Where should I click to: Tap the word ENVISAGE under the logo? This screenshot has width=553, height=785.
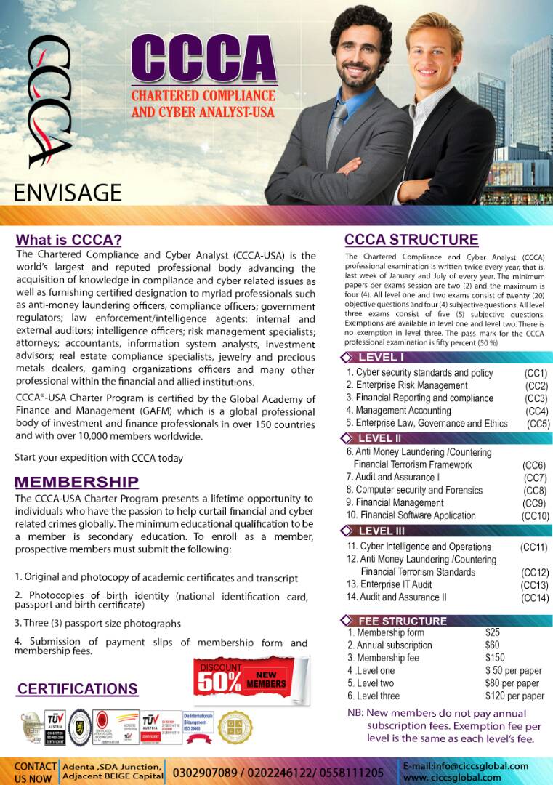click(x=68, y=192)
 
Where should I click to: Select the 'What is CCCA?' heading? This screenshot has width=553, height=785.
click(x=69, y=240)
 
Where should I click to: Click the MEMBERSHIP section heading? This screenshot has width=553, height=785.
click(x=76, y=482)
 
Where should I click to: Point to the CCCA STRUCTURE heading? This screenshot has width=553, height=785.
click(x=411, y=240)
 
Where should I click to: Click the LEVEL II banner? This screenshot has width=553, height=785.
click(x=379, y=438)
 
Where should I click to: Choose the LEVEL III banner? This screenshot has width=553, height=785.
click(x=381, y=531)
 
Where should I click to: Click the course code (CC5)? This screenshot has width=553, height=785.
click(x=538, y=424)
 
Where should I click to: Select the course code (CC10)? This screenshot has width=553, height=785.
click(x=535, y=515)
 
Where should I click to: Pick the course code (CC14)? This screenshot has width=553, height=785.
click(x=534, y=597)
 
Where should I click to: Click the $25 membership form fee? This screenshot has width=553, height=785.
click(x=493, y=632)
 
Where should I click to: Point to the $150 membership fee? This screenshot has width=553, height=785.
click(x=495, y=658)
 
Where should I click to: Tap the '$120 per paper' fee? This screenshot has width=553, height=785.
click(x=514, y=696)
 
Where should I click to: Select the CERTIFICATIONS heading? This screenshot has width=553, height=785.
click(x=77, y=689)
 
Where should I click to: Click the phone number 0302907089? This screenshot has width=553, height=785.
click(x=203, y=772)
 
